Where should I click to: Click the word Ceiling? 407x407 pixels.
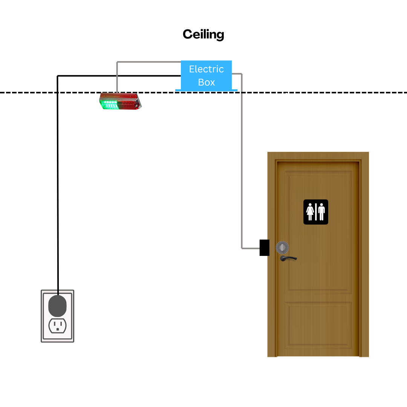pyautogui.click(x=203, y=35)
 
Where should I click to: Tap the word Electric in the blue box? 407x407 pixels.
pyautogui.click(x=207, y=69)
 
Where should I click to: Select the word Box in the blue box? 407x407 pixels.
pyautogui.click(x=207, y=82)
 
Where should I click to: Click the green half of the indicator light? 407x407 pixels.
pyautogui.click(x=109, y=104)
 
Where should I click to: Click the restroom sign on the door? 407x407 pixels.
pyautogui.click(x=316, y=212)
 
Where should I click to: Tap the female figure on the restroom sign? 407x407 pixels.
pyautogui.click(x=310, y=212)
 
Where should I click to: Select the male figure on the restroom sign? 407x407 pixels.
pyautogui.click(x=321, y=212)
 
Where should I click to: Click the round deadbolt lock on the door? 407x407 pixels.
pyautogui.click(x=282, y=247)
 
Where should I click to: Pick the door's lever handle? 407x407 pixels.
pyautogui.click(x=288, y=258)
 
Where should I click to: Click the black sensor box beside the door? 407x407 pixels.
pyautogui.click(x=265, y=248)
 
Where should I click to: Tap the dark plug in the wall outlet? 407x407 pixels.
pyautogui.click(x=57, y=306)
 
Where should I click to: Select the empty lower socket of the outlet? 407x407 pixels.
pyautogui.click(x=58, y=326)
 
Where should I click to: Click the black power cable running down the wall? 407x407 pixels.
pyautogui.click(x=58, y=182)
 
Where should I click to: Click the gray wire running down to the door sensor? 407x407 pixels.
pyautogui.click(x=242, y=161)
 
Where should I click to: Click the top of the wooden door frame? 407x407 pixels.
pyautogui.click(x=318, y=156)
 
